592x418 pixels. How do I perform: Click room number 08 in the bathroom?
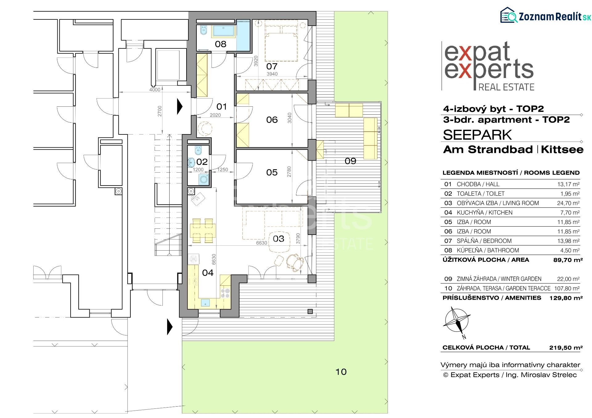(220, 44)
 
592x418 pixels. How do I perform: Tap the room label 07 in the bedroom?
(272, 66)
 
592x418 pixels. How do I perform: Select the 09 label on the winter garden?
(350, 161)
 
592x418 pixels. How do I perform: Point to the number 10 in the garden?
(341, 372)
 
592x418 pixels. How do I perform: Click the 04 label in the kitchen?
(208, 273)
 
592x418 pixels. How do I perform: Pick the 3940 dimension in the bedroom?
(272, 74)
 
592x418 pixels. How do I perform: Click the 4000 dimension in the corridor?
(155, 90)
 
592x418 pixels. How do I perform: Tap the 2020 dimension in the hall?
(215, 115)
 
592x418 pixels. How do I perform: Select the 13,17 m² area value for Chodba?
(568, 184)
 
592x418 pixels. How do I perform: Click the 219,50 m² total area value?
(566, 348)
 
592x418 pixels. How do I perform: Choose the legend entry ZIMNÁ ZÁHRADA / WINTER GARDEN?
(499, 279)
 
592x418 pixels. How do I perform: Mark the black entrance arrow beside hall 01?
(180, 107)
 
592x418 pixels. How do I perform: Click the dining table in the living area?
(203, 230)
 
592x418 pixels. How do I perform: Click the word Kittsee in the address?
(562, 150)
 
